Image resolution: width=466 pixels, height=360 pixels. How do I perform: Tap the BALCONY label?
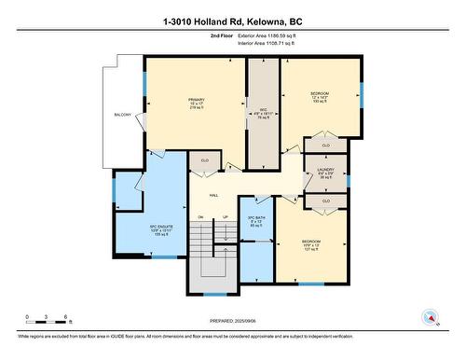[x=123, y=114]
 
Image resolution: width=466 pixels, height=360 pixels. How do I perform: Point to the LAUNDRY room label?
[x=324, y=169]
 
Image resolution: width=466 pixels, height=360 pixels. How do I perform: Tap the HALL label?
[x=213, y=195]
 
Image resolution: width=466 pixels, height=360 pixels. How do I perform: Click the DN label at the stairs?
[x=200, y=217]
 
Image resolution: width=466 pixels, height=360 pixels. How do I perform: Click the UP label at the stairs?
[x=224, y=217]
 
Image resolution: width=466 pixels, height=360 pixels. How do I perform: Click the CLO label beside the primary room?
[x=204, y=160]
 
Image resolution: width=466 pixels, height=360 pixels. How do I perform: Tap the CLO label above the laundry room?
[x=325, y=146]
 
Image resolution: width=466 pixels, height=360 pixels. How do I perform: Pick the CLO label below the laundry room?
[x=324, y=201]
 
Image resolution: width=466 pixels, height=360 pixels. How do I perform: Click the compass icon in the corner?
[x=431, y=316]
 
